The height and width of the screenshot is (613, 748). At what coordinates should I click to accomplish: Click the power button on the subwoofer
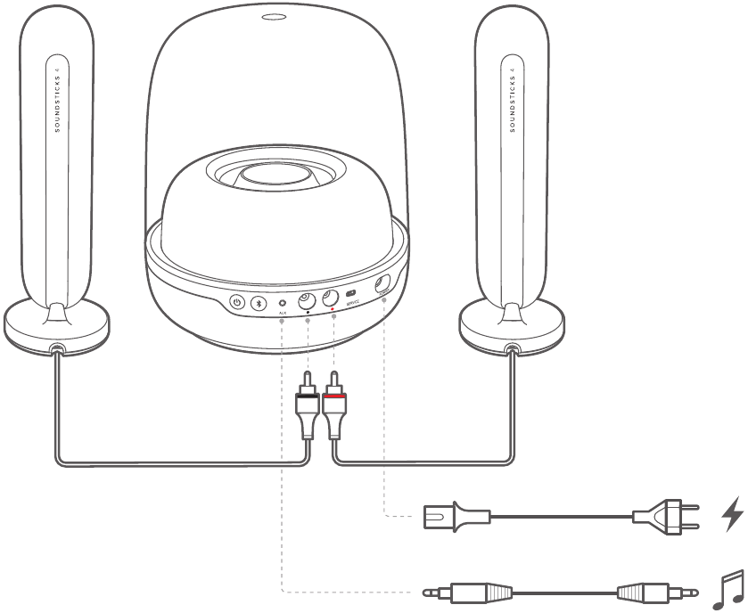237,302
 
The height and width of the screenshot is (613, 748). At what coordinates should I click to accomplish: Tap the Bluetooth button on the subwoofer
259,302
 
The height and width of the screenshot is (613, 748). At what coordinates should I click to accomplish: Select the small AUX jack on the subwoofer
283,303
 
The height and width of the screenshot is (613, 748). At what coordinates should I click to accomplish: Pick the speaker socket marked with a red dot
330,299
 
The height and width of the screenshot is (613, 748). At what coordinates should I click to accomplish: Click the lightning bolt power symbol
732,515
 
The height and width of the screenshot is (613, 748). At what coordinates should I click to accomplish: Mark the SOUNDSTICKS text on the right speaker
513,99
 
